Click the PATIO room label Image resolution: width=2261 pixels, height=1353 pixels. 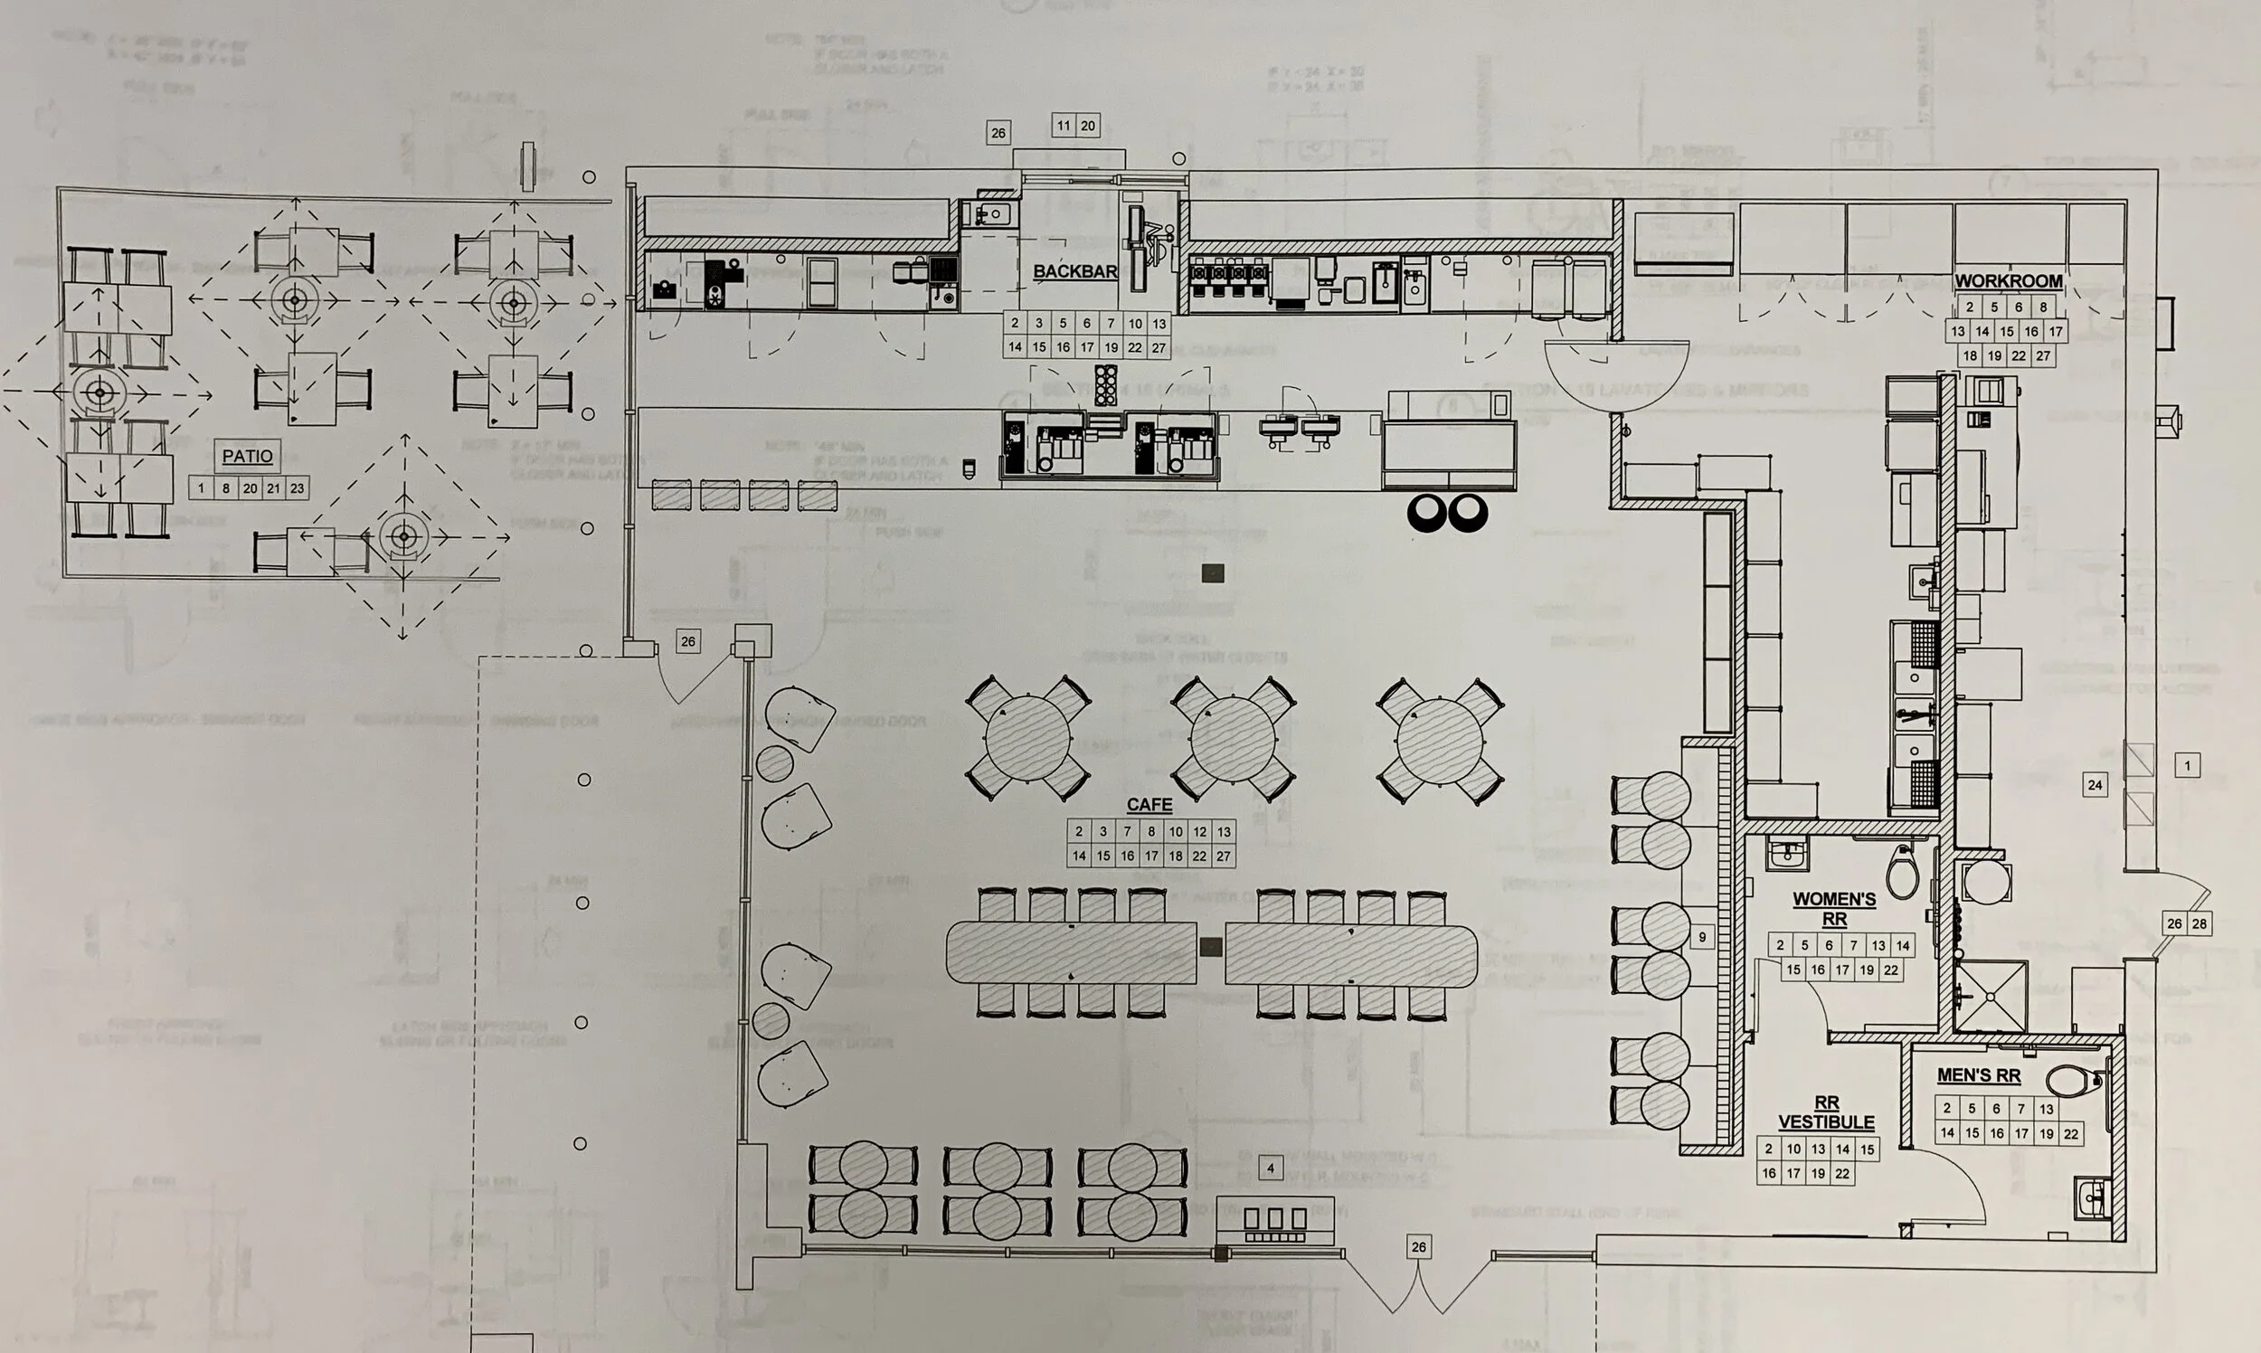(x=247, y=456)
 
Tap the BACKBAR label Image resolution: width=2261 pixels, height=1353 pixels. (x=1075, y=271)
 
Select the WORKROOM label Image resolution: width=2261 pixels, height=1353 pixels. (x=2009, y=280)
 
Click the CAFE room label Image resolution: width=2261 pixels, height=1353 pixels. (x=1149, y=805)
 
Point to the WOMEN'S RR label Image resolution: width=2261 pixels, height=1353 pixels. (x=1834, y=909)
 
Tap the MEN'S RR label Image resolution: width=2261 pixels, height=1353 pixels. (x=1979, y=1076)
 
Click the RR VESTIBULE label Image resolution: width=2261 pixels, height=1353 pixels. (x=1826, y=1113)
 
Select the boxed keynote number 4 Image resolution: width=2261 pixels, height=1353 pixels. (x=1270, y=1168)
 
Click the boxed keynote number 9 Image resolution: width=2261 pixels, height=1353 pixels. (x=1701, y=936)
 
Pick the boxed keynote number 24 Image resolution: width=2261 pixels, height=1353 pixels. (x=2095, y=784)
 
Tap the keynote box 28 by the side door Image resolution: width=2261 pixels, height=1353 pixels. (x=2199, y=923)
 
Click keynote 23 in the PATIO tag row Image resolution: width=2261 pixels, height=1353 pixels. (x=298, y=488)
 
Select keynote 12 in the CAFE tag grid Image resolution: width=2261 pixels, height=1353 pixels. (x=1200, y=831)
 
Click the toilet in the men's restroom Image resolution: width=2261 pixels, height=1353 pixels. (x=2073, y=1082)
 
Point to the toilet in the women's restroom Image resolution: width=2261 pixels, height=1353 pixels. (x=1902, y=873)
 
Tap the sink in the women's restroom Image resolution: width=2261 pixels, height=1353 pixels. (x=1788, y=855)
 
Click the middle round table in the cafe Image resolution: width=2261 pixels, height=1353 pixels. (x=1234, y=739)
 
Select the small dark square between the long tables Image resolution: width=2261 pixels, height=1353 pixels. (x=1211, y=947)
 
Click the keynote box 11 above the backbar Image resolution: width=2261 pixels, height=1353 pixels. (x=1063, y=126)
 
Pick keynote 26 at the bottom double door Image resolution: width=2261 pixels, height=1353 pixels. (x=1418, y=1247)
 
